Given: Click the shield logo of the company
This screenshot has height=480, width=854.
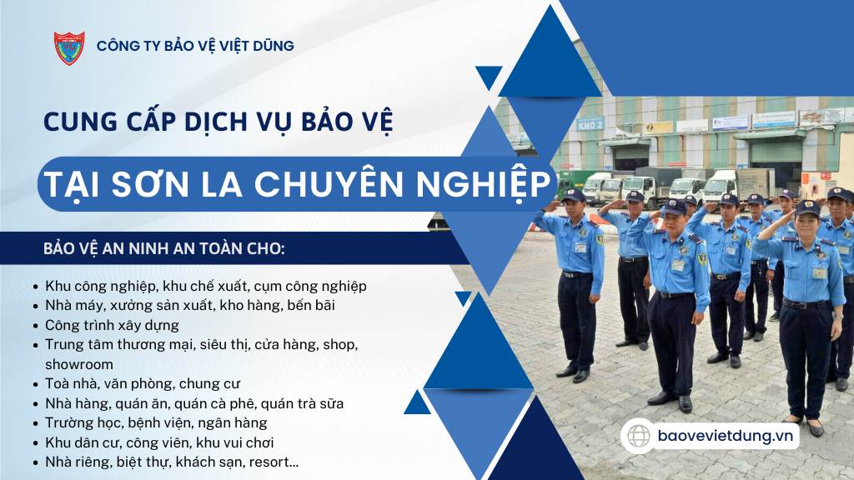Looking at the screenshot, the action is click(x=69, y=47).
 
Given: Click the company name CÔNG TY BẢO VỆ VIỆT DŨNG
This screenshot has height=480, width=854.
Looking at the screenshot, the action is click(x=195, y=46).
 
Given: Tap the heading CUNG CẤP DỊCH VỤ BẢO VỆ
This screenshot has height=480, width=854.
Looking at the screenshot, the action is click(x=218, y=122).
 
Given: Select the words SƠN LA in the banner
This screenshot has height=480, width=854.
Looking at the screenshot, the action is click(x=177, y=184).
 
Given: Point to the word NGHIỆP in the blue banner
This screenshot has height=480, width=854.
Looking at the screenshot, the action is click(x=484, y=184).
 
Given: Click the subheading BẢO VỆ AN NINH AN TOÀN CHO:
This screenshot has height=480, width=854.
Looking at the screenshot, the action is click(x=164, y=248).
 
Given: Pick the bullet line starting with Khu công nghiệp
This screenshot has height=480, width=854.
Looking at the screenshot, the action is click(x=206, y=287).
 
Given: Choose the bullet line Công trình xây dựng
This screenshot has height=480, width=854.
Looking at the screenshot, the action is click(x=113, y=326).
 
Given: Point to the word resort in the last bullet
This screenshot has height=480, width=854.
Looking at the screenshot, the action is click(x=274, y=462).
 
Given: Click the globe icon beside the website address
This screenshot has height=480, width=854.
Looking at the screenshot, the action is click(x=638, y=436).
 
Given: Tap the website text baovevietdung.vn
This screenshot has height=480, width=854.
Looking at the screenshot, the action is click(x=726, y=436).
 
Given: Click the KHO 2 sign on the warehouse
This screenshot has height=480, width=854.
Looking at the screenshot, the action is click(x=590, y=124).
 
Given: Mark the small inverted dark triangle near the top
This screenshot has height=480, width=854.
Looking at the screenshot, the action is click(x=489, y=77).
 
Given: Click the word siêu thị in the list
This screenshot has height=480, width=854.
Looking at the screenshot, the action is click(x=225, y=345).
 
